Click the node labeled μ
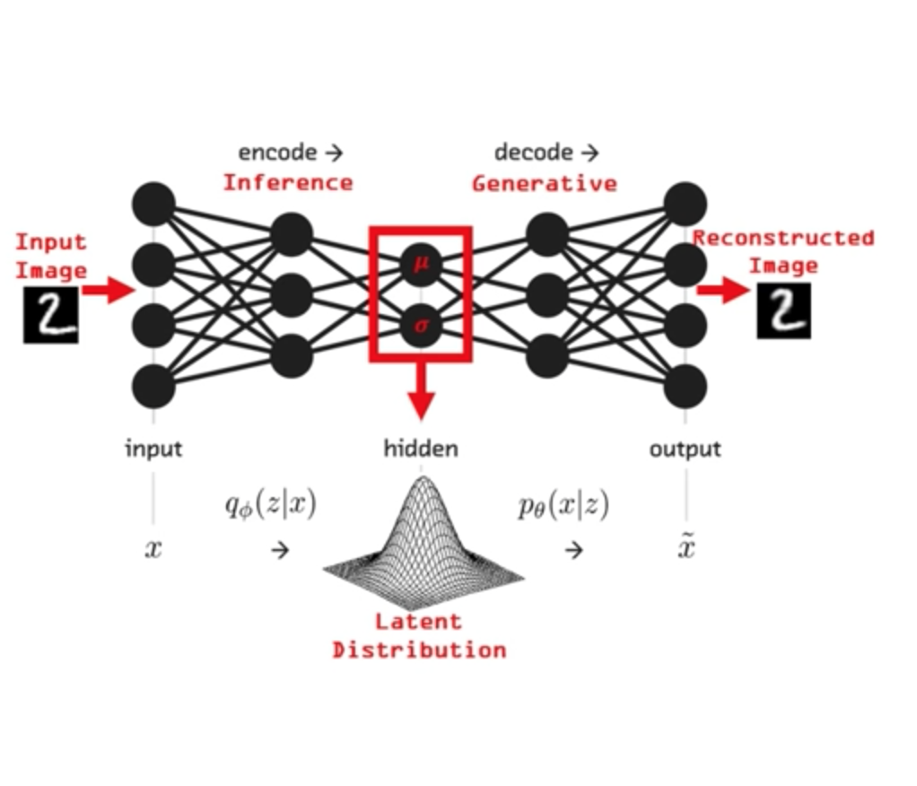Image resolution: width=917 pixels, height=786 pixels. click(x=420, y=265)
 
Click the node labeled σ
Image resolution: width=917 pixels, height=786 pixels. click(x=420, y=327)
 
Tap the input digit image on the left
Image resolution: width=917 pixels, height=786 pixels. click(x=50, y=315)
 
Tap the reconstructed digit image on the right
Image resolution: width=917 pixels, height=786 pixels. click(x=783, y=311)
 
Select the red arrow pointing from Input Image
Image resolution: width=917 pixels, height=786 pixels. click(x=109, y=290)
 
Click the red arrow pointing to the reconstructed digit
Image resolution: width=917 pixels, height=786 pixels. click(x=723, y=290)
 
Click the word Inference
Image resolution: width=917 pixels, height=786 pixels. click(x=288, y=183)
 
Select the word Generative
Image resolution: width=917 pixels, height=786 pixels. click(x=545, y=184)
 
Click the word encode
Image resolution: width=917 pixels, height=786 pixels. click(x=277, y=153)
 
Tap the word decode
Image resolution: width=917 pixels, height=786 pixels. click(x=533, y=153)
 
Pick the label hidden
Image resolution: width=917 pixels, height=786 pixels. click(x=421, y=449)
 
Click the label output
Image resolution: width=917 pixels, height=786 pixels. click(x=686, y=449)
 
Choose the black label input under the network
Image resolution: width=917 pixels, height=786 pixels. click(x=153, y=449)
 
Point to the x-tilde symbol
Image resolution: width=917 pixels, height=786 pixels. click(x=686, y=547)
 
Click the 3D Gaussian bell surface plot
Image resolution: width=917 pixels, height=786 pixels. click(x=423, y=538)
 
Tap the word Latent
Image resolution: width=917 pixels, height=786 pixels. click(x=418, y=621)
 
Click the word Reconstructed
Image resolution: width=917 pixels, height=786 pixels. click(x=782, y=239)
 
